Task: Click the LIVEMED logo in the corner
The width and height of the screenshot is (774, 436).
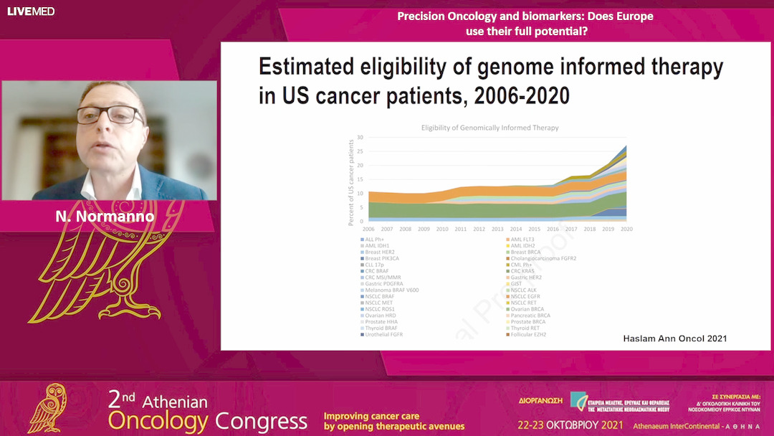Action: click(x=31, y=11)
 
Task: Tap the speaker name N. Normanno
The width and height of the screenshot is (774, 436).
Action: click(x=105, y=216)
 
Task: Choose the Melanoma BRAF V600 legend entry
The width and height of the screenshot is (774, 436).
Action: click(x=392, y=290)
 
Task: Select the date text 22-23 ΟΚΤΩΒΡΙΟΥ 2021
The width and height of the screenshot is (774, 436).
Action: click(x=570, y=425)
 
